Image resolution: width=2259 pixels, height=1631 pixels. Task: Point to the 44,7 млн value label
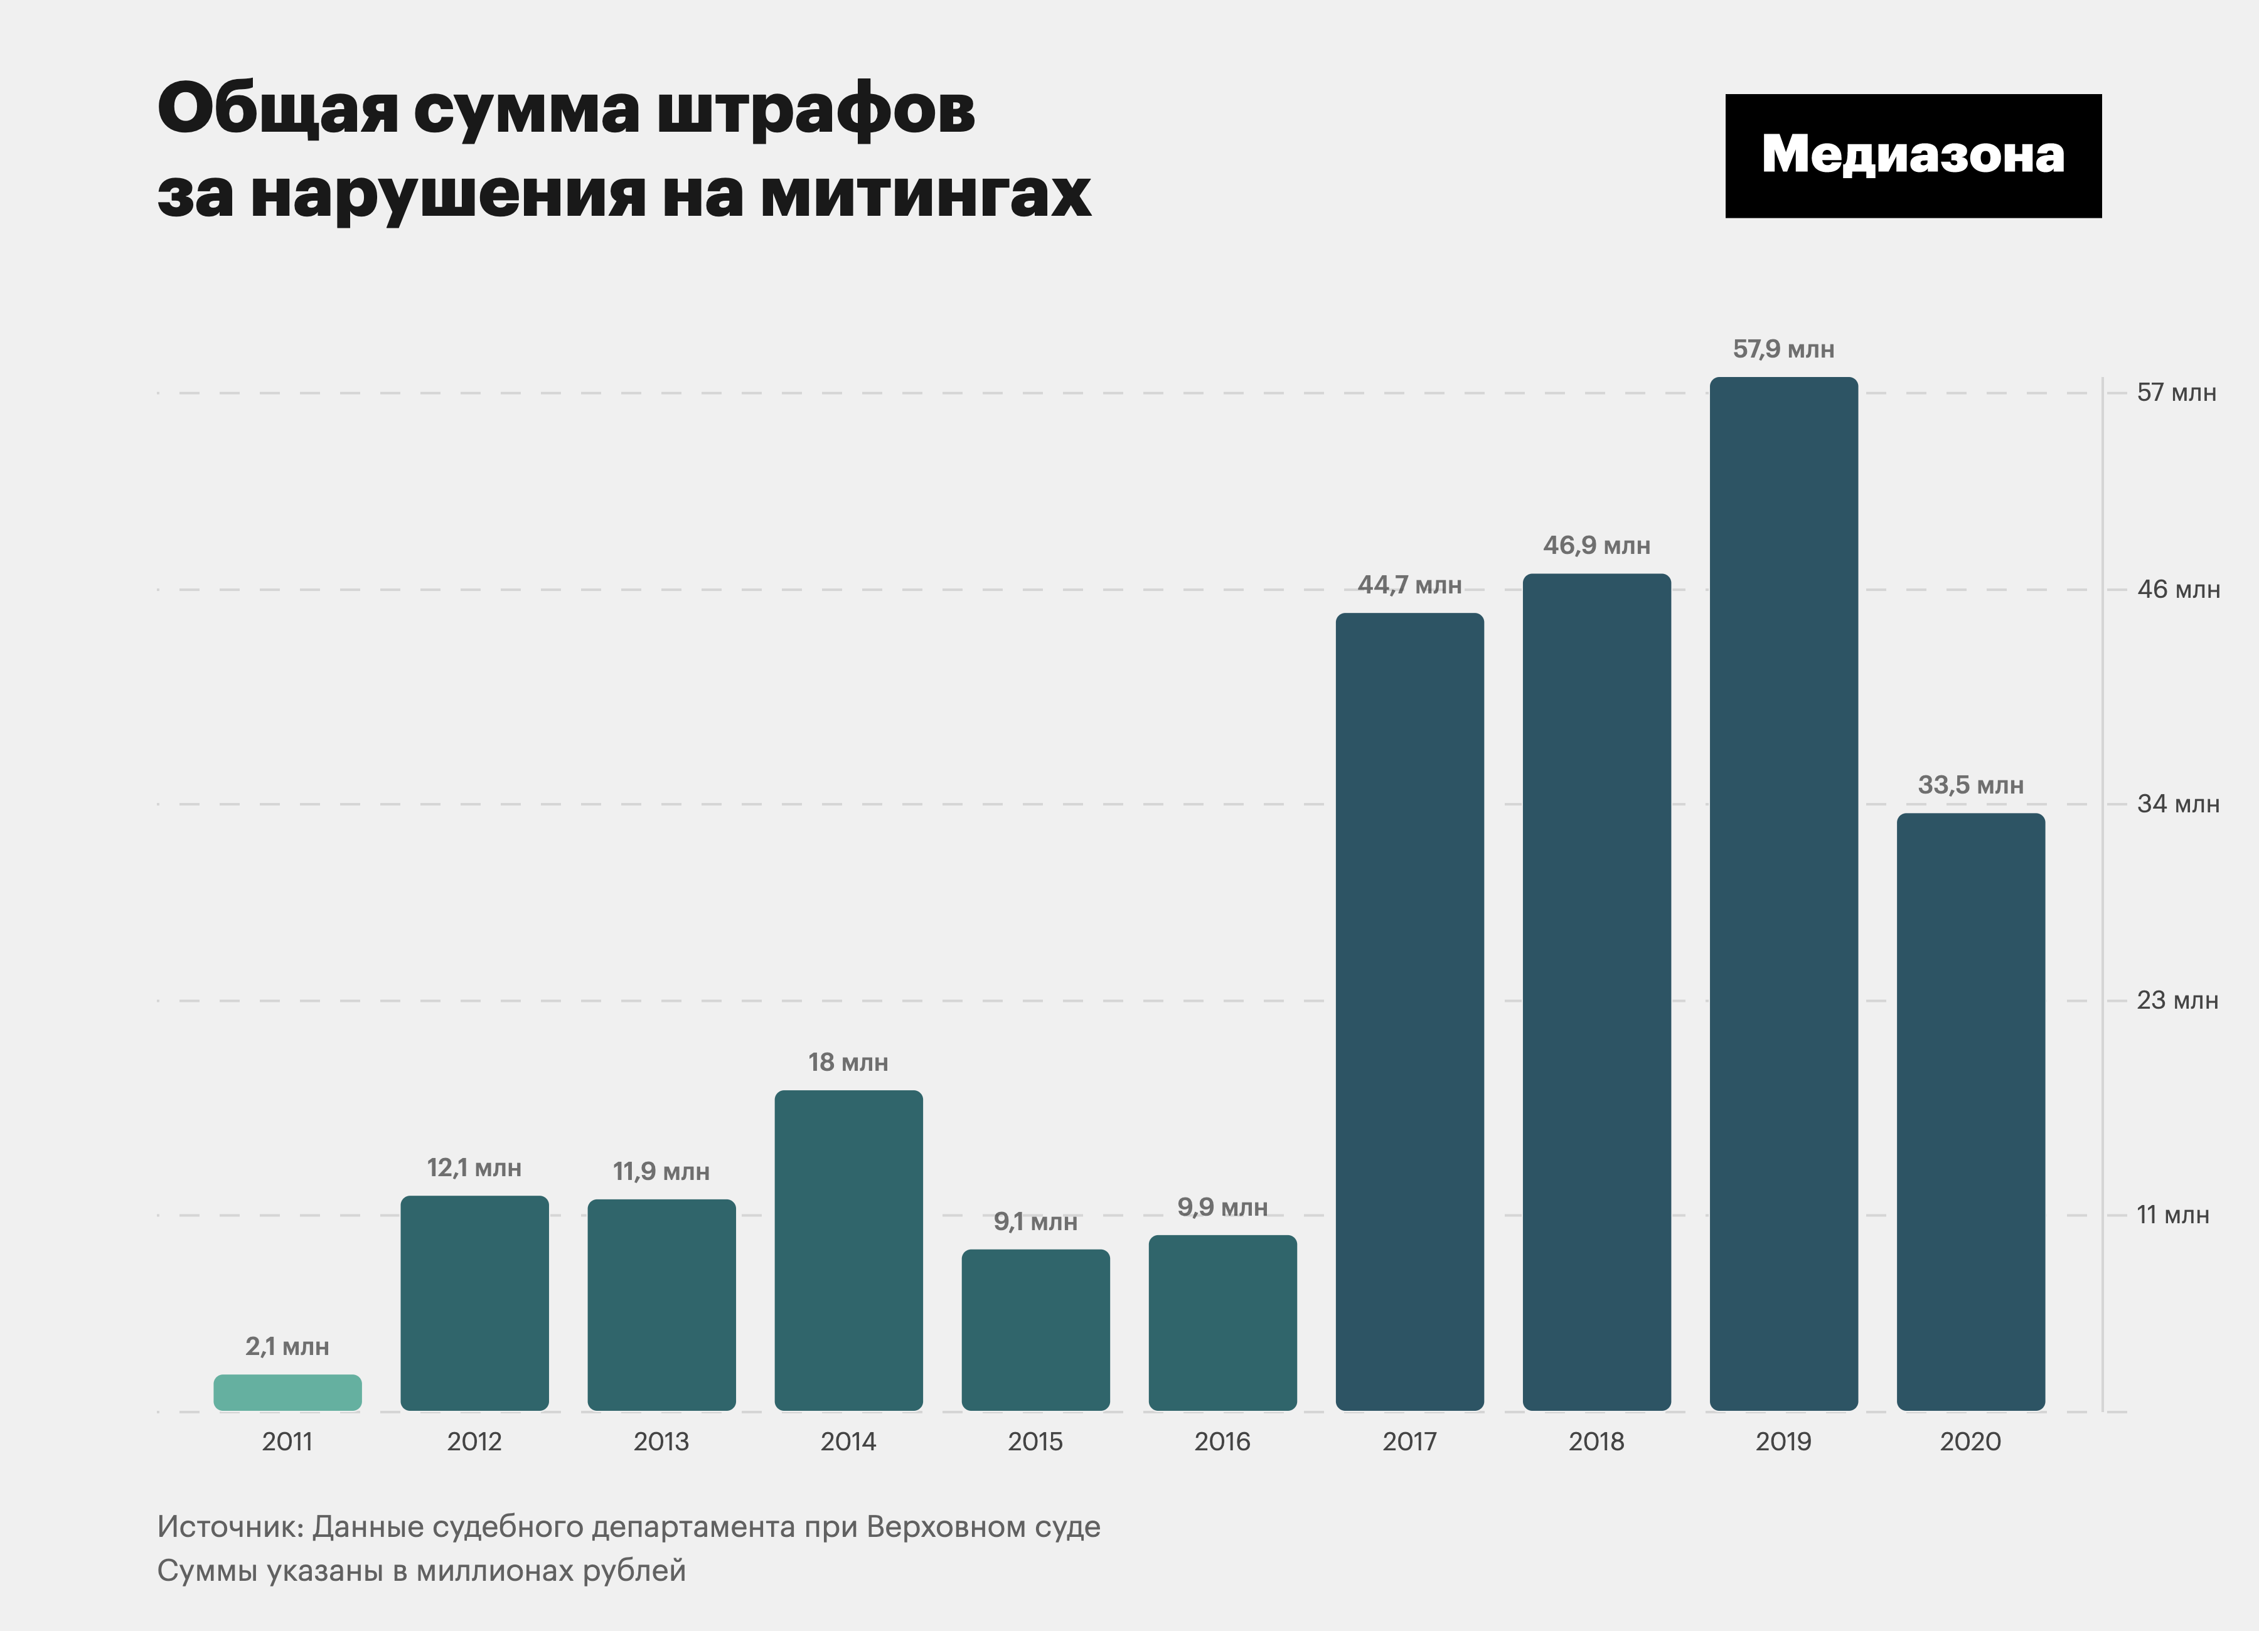(1409, 585)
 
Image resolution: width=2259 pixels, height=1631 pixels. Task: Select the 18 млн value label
(848, 1063)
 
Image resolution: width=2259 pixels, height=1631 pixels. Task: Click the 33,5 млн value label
(1970, 785)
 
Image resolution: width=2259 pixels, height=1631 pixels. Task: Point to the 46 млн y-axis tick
(2178, 590)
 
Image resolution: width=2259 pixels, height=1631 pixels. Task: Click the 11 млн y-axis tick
(2172, 1215)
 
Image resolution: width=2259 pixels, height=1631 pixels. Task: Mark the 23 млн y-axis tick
(2177, 1000)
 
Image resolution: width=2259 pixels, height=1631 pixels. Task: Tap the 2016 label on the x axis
(1222, 1441)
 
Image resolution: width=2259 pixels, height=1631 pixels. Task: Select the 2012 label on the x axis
(474, 1441)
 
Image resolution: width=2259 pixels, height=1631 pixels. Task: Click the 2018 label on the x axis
(1596, 1441)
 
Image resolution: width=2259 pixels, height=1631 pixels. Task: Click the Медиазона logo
(1913, 156)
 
